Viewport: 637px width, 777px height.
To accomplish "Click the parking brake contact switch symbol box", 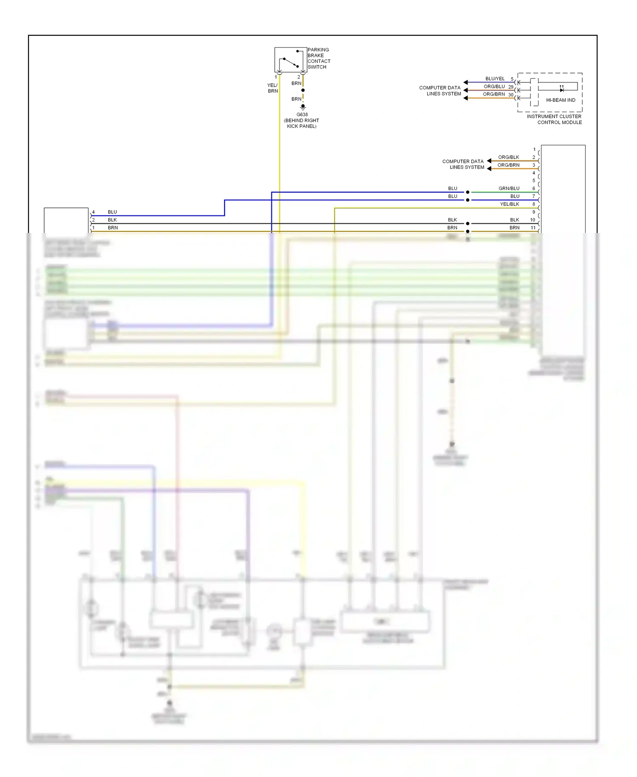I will click(x=290, y=60).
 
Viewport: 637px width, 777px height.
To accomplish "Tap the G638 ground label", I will click(x=302, y=115).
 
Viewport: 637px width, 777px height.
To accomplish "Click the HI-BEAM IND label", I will click(x=561, y=100).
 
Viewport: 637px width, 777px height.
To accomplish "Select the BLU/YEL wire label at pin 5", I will click(x=495, y=79).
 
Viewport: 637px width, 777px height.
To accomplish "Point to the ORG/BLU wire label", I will click(x=494, y=86).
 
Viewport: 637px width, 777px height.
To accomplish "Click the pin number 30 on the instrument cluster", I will click(x=511, y=95).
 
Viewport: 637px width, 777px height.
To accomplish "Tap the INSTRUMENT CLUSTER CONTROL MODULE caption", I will click(x=554, y=119).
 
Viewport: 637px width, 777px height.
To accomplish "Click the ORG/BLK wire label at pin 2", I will click(x=508, y=157).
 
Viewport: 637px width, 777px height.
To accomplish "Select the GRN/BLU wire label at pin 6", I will click(x=509, y=188).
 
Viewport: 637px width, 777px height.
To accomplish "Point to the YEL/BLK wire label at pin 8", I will click(x=510, y=204).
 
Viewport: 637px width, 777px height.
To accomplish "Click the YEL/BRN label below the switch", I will click(x=273, y=88).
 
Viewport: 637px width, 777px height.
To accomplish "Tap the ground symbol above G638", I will click(x=303, y=107).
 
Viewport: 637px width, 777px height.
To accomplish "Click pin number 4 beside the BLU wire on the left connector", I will click(x=93, y=212).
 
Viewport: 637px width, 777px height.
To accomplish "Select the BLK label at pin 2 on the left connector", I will click(x=112, y=220).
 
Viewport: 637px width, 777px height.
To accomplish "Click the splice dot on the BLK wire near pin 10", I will click(x=468, y=224).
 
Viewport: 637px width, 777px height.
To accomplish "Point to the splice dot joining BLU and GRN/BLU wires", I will click(x=468, y=192).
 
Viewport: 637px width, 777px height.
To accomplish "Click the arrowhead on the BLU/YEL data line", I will click(x=466, y=82).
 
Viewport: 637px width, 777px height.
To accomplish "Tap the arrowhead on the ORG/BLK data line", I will click(x=489, y=161).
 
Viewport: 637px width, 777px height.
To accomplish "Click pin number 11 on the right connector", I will click(x=533, y=228).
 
